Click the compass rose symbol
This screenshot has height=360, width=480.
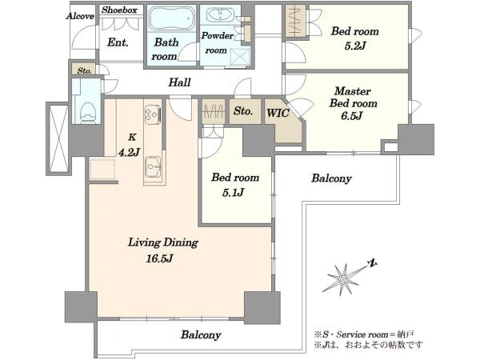344,279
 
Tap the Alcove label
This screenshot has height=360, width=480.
80,16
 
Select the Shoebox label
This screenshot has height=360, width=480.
119,10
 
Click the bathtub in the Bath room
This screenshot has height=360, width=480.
172,18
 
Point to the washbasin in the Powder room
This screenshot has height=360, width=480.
220,14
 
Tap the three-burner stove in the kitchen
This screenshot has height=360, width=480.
153,114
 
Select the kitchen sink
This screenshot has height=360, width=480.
153,167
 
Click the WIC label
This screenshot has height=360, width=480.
278,114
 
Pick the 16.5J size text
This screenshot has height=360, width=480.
160,258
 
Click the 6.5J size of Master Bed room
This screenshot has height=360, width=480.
352,116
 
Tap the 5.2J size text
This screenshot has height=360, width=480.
355,46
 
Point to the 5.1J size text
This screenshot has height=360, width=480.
233,193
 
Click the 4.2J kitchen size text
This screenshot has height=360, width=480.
129,152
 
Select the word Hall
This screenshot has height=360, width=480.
180,82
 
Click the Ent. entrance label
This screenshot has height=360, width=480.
118,42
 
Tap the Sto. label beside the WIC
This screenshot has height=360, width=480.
243,111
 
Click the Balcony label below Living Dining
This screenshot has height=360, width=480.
201,334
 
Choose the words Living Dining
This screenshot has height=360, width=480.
163,242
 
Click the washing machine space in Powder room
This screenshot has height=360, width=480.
240,56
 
